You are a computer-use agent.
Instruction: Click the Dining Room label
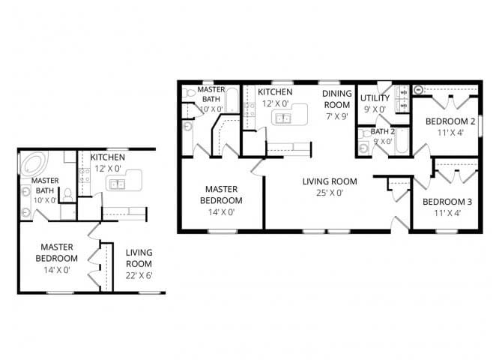tap(337, 100)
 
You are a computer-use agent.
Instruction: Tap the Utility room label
tap(374, 98)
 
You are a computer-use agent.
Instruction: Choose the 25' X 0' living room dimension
tap(329, 193)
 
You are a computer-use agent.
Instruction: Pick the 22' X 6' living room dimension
tap(139, 275)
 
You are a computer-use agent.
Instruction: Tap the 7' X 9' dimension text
tap(337, 116)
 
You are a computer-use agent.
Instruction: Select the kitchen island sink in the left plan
tap(116, 184)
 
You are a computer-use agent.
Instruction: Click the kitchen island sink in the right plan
tap(283, 118)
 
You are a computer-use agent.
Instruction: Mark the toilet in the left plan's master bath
tap(67, 194)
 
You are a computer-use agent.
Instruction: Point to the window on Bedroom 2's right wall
tap(483, 121)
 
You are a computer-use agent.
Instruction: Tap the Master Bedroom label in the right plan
tap(222, 195)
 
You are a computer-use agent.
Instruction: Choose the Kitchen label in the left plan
tap(107, 157)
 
